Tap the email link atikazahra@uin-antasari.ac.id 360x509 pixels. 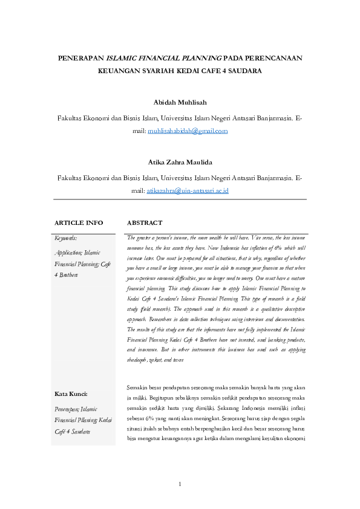point(188,190)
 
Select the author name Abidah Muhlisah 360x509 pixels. point(180,102)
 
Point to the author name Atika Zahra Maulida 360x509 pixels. point(180,161)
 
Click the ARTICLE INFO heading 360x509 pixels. point(79,223)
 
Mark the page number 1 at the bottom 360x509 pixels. point(180,484)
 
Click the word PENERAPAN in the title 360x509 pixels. point(80,59)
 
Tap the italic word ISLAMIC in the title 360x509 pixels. point(123,59)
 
